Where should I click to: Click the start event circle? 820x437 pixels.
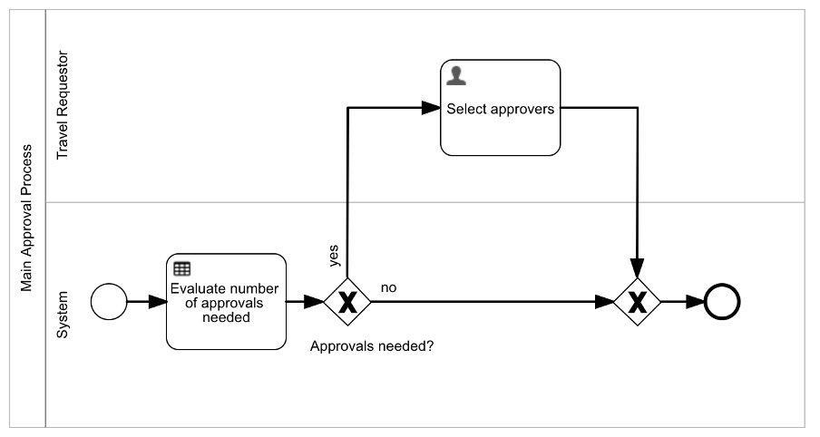tap(110, 301)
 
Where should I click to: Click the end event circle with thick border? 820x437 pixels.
tap(723, 301)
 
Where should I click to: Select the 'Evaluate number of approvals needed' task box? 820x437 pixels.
tap(226, 301)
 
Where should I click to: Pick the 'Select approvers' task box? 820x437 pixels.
tap(500, 108)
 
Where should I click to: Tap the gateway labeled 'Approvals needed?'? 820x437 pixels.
tap(347, 301)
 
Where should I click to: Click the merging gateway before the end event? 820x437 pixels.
tap(638, 301)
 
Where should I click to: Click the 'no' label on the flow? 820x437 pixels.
tap(388, 287)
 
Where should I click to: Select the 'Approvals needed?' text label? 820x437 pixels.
tap(372, 346)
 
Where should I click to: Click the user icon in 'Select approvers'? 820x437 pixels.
tap(456, 76)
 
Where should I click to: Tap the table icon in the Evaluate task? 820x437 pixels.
tap(181, 268)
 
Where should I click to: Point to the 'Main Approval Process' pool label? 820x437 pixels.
tap(27, 218)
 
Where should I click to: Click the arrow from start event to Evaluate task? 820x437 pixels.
tap(141, 301)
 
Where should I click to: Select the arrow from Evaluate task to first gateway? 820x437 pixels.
tap(305, 301)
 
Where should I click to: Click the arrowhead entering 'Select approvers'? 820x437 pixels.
tap(431, 108)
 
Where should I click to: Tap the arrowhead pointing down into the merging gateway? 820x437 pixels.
tap(638, 269)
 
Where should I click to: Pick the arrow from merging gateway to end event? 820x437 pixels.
tap(682, 301)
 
